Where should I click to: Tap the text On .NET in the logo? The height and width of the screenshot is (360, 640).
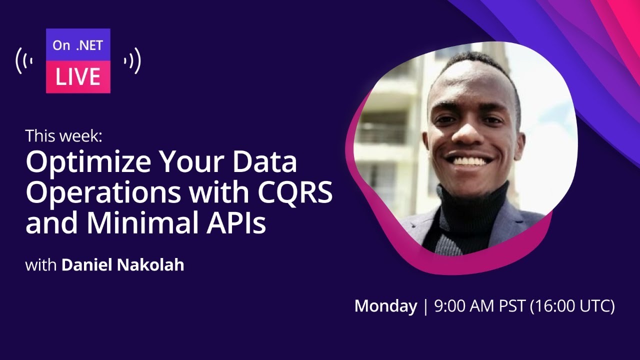coord(77,45)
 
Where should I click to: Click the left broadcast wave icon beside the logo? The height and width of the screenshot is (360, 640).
coord(24,61)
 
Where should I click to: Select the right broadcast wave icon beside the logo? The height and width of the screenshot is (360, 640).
coord(132,61)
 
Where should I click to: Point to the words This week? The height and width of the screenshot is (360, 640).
coord(63,135)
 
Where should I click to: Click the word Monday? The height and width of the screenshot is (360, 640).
coord(385,306)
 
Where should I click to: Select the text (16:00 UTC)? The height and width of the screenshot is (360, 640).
coord(572,306)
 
